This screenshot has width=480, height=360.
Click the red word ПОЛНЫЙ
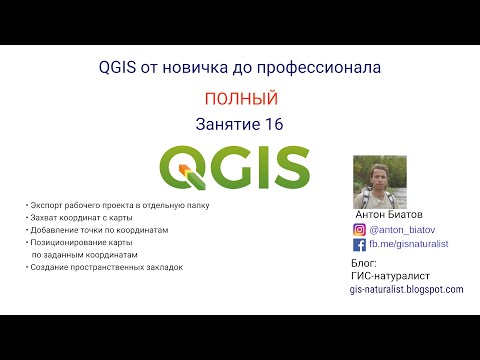tap(240, 99)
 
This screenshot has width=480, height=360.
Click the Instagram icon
tap(360, 228)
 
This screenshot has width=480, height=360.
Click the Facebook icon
tap(360, 244)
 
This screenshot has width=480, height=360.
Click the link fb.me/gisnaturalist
tap(409, 244)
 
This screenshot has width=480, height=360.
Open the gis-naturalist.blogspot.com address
tap(407, 289)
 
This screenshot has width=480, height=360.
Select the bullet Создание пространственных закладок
tap(106, 267)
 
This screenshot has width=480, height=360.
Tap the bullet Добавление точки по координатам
tap(96, 229)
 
